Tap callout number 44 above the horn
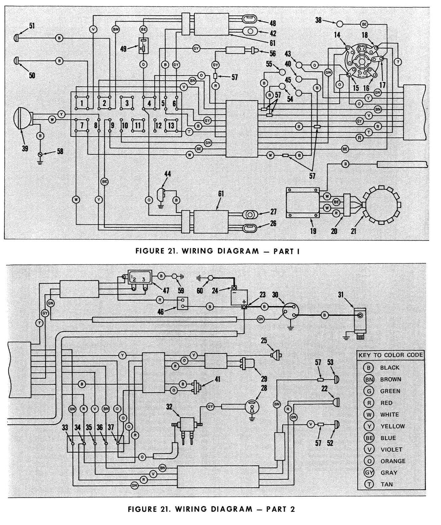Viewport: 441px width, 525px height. coord(168,174)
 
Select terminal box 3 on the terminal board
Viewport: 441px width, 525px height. coord(127,103)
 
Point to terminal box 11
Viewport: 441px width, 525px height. coord(137,125)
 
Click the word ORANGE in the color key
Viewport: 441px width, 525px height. coord(393,461)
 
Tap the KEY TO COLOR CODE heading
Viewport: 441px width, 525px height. coord(391,355)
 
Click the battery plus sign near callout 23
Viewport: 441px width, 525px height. coord(244,301)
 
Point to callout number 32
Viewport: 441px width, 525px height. coord(169,407)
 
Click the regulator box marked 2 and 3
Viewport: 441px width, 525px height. coord(139,277)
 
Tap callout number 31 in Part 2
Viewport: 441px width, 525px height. coord(341,295)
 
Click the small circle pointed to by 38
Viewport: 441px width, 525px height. coord(339,24)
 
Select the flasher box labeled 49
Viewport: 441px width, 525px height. coord(143,46)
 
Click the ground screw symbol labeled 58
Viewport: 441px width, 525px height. coord(40,155)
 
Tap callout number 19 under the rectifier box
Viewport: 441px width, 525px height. coord(313,231)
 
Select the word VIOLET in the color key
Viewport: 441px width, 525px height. coord(391,449)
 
